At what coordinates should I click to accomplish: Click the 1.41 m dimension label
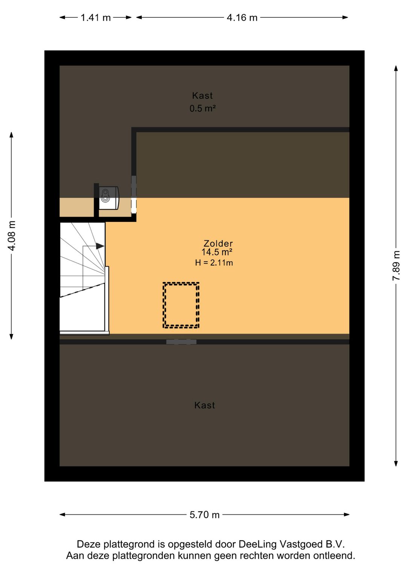coord(95,17)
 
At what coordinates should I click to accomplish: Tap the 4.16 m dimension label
coord(242,17)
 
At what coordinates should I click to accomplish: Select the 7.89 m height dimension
coord(396,266)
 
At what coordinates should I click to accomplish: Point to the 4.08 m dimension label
coord(12,236)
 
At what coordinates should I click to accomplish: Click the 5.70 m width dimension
coord(204,515)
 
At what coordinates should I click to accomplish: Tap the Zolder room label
coord(218,243)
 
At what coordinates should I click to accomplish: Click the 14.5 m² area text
coord(217,252)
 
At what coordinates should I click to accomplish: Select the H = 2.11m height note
coord(214,263)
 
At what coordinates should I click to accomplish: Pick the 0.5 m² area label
coord(202,109)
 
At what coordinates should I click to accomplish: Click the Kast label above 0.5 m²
coord(202,96)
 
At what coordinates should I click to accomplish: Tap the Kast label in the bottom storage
coord(205,405)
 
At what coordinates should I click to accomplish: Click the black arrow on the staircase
coord(100,246)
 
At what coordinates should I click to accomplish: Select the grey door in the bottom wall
coord(181,342)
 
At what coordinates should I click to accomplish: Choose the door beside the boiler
coord(134,194)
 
